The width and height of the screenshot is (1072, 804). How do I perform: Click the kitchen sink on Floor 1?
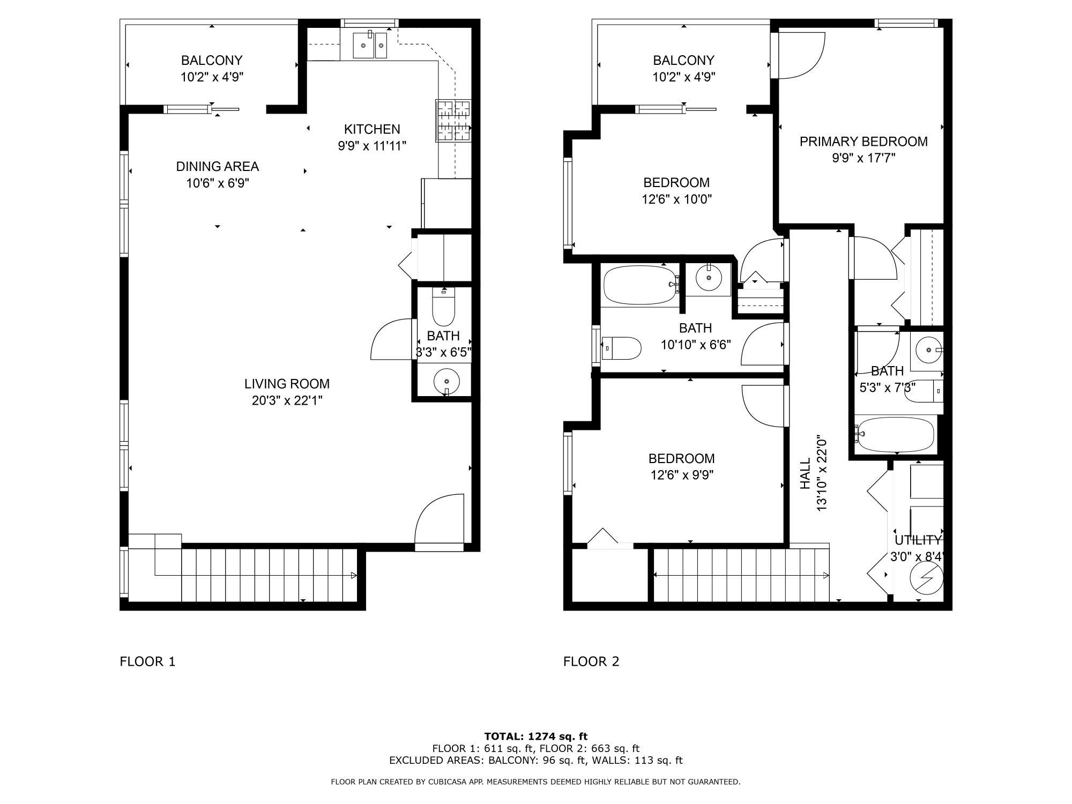(x=370, y=45)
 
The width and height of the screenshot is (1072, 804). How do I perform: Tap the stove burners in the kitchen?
(x=453, y=121)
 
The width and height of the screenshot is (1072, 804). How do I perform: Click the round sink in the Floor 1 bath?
(x=446, y=381)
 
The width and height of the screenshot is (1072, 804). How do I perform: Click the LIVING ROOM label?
(x=287, y=384)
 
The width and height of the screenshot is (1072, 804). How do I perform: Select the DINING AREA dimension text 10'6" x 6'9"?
(x=218, y=183)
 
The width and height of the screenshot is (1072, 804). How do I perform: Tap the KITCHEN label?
(x=372, y=129)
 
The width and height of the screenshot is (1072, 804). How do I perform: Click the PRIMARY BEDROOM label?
(x=863, y=142)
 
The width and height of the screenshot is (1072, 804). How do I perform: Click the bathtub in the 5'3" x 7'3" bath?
(x=895, y=435)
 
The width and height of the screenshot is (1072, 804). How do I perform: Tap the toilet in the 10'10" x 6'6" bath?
(x=621, y=348)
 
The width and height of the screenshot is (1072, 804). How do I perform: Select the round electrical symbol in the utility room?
(x=926, y=578)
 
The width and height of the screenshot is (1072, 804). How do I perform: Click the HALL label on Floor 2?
(x=805, y=473)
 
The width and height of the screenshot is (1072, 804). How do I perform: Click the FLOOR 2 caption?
(x=591, y=661)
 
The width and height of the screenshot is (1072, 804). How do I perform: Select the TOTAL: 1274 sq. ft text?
(x=536, y=736)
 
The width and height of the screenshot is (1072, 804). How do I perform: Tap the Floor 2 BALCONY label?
(x=683, y=60)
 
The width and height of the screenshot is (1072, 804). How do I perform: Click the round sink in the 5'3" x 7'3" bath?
(x=927, y=351)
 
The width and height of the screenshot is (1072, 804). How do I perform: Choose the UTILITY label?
(x=918, y=540)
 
